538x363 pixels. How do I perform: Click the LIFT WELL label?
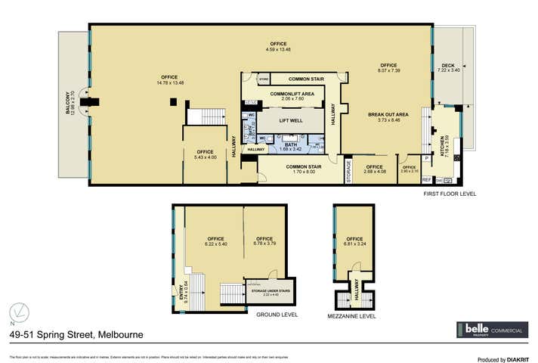(291, 120)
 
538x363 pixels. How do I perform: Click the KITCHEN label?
(445, 143)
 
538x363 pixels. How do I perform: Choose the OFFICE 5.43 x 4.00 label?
(206, 154)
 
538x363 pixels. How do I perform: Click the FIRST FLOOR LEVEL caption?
(449, 194)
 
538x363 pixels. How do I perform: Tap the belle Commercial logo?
(491, 330)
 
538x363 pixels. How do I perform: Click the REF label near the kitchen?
(427, 179)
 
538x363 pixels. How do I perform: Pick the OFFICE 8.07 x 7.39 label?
(388, 68)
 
